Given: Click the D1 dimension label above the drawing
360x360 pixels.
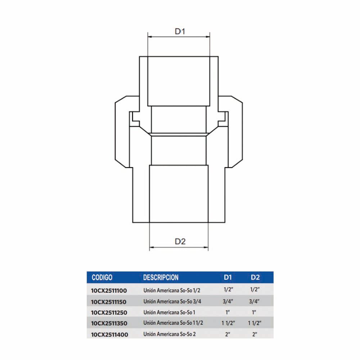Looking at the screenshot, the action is click(x=180, y=31).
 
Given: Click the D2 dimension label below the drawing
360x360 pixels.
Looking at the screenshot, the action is click(x=180, y=242).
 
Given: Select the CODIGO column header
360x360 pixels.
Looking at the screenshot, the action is click(x=102, y=277).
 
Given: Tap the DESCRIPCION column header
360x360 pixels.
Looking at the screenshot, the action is click(x=161, y=277).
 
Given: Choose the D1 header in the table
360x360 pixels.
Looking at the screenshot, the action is click(x=228, y=277).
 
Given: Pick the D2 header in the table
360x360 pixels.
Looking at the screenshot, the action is click(x=255, y=277).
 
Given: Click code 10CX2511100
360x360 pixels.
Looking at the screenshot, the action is click(x=109, y=291).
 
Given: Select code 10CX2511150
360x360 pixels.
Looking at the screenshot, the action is click(x=109, y=302).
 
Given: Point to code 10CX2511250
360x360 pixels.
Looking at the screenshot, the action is click(x=109, y=313).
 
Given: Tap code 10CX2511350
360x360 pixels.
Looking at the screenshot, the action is click(x=109, y=324).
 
